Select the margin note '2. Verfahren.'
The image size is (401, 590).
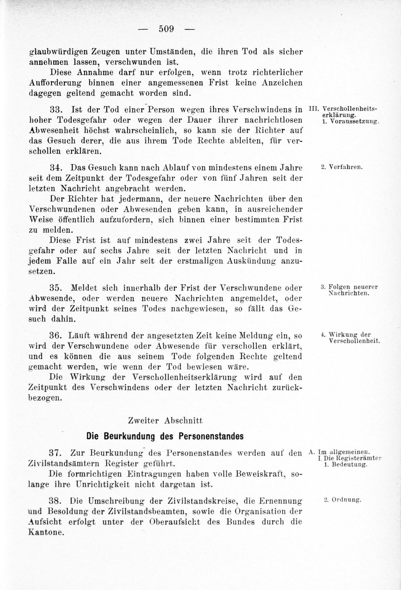point(342,167)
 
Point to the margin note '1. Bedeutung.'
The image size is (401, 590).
point(345,464)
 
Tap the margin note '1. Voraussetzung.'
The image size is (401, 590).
point(350,121)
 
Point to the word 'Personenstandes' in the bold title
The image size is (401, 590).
point(211,436)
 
